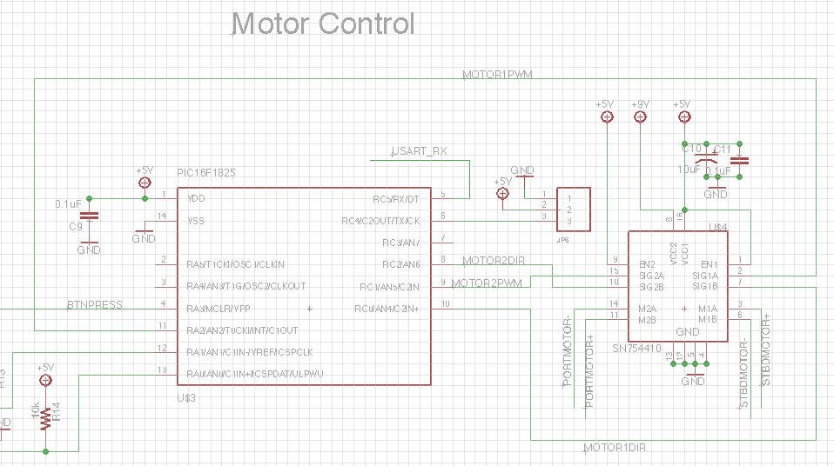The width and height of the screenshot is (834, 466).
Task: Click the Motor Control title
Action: (323, 23)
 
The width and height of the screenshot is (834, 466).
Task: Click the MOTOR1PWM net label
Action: (496, 74)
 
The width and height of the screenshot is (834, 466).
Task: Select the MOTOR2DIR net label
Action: (493, 260)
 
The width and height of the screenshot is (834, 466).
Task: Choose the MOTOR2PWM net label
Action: (487, 283)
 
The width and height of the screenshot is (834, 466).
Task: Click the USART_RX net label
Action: (420, 151)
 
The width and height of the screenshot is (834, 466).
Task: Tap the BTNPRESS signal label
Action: (95, 305)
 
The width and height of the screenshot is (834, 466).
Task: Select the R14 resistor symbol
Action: (45, 416)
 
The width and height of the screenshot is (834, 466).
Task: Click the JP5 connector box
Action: (573, 210)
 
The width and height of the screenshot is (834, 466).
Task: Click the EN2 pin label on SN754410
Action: (647, 263)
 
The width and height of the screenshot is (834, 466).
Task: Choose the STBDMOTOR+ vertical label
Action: (767, 349)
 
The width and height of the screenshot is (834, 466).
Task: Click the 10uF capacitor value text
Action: (688, 170)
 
